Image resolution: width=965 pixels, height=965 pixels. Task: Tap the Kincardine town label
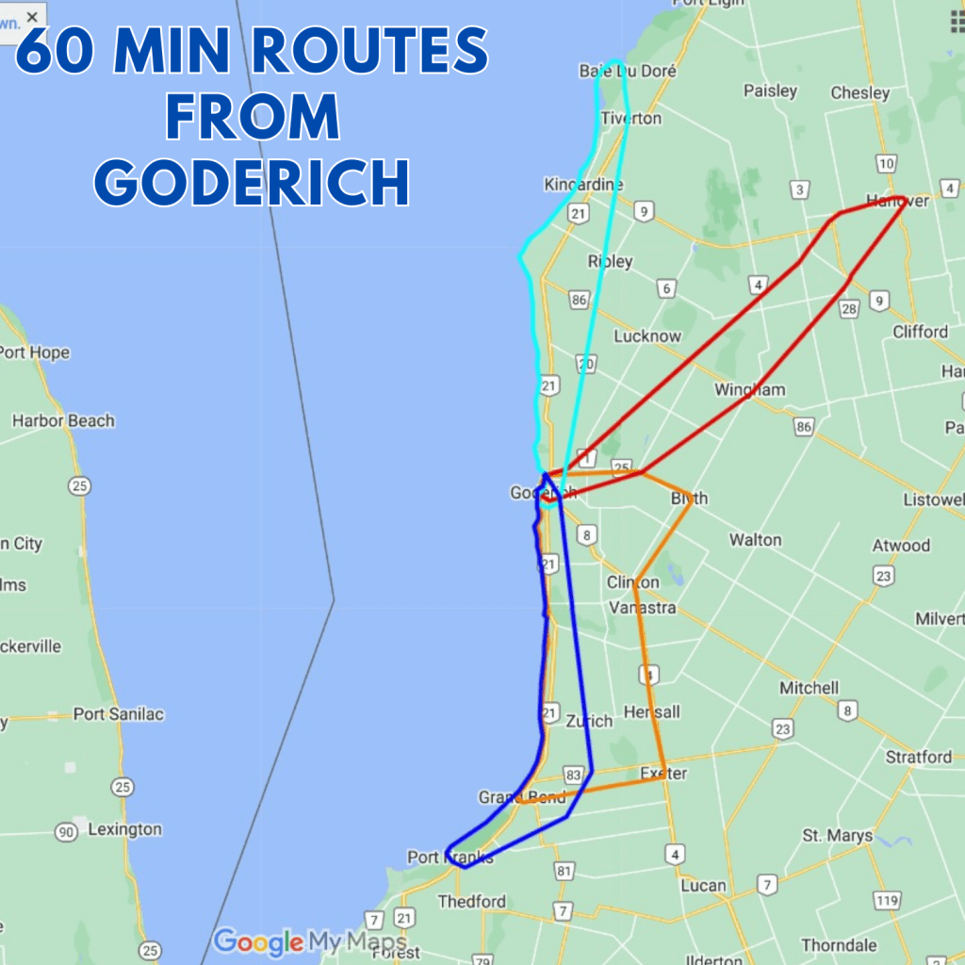[x=583, y=185]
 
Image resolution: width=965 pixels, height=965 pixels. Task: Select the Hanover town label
[x=897, y=201]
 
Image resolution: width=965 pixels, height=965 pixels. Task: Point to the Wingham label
[x=749, y=389]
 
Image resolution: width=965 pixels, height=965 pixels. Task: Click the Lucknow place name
[x=646, y=336]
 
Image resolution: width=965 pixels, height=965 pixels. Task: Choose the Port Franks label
[x=450, y=858]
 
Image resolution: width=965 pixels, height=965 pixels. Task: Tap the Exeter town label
[x=663, y=774]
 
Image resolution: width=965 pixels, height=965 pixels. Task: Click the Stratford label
[x=918, y=757]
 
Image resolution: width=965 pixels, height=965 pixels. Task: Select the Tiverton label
[x=630, y=119]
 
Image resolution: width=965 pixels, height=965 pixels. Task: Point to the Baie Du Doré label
[x=614, y=71]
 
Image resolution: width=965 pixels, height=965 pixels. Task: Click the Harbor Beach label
[x=63, y=420]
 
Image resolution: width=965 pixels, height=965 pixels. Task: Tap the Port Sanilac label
[x=118, y=714]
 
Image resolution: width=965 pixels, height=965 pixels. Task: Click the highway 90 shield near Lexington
[x=66, y=832]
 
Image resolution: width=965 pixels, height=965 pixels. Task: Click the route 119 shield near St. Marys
[x=886, y=901]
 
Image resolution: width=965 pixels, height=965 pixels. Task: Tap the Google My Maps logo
[x=309, y=941]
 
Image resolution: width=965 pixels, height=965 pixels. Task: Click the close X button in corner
[x=32, y=17]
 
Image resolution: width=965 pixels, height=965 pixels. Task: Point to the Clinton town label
[x=632, y=582]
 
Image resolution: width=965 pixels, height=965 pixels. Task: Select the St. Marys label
[x=837, y=836]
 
